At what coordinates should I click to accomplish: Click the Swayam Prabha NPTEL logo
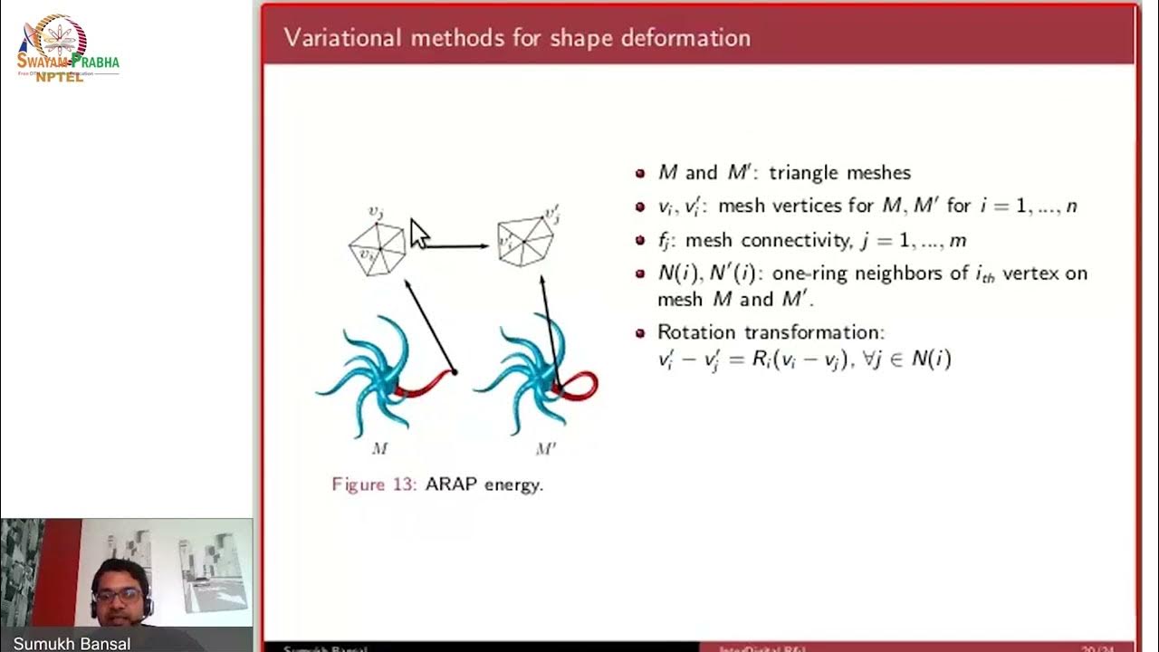pyautogui.click(x=67, y=50)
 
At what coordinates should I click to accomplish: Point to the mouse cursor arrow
pyautogui.click(x=418, y=233)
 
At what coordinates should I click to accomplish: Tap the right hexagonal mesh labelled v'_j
pyautogui.click(x=525, y=241)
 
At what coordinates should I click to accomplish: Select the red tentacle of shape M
pyautogui.click(x=423, y=385)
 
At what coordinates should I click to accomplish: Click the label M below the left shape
pyautogui.click(x=379, y=447)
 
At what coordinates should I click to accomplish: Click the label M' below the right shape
pyautogui.click(x=545, y=448)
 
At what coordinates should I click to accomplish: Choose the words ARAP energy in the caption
pyautogui.click(x=484, y=484)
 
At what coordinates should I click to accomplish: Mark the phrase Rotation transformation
pyautogui.click(x=771, y=331)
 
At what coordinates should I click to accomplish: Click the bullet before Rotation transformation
pyautogui.click(x=640, y=332)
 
